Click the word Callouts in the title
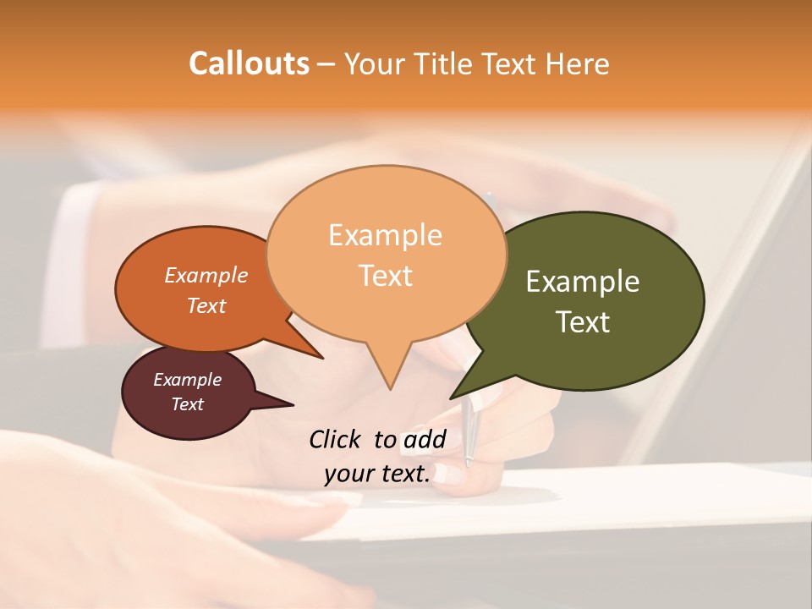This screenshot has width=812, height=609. (x=249, y=63)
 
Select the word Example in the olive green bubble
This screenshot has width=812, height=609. (x=583, y=282)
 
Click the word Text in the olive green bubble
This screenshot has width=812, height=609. (x=584, y=322)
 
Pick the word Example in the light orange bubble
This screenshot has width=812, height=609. (x=385, y=235)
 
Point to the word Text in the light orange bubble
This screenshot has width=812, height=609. (x=386, y=276)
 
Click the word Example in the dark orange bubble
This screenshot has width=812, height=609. (x=206, y=275)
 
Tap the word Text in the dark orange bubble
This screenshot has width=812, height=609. (x=206, y=305)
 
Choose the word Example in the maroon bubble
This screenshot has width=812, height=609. (x=187, y=380)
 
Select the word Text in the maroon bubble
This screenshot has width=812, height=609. (x=187, y=404)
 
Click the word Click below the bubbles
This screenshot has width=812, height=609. (x=335, y=439)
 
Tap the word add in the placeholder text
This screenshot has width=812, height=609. (x=424, y=439)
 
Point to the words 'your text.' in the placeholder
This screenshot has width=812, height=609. (x=377, y=474)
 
